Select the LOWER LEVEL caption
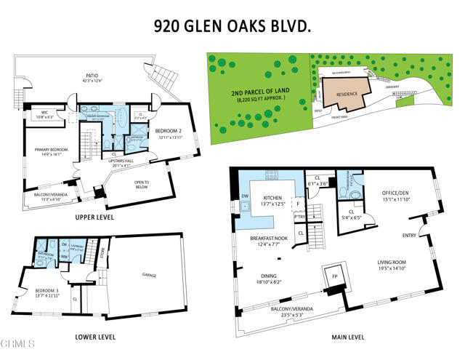pyautogui.click(x=97, y=337)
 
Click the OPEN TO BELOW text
pyautogui.click(x=141, y=183)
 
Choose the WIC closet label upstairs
pyautogui.click(x=39, y=113)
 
